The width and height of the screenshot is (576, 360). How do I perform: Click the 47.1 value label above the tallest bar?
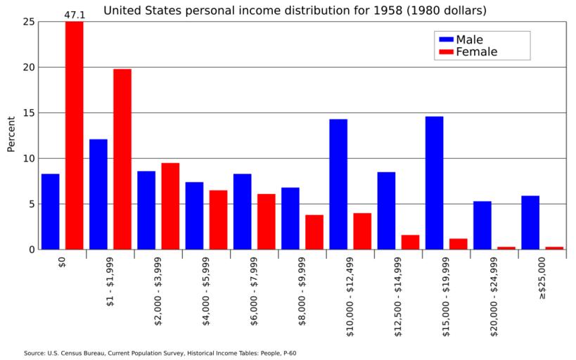point(75,14)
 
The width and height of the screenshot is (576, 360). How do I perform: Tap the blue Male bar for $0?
point(51,212)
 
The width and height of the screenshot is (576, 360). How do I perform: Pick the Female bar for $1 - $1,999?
point(122,159)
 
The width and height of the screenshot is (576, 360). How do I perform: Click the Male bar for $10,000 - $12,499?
point(338,184)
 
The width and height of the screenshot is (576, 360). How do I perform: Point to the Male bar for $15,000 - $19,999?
point(434,183)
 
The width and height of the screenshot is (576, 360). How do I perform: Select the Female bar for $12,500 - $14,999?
point(410,242)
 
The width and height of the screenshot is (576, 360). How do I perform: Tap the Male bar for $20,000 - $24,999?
point(482,225)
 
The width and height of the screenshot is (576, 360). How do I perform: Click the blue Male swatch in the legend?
point(445,39)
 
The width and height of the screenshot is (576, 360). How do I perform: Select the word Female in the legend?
point(476,52)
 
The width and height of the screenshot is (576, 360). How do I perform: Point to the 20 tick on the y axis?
point(29,67)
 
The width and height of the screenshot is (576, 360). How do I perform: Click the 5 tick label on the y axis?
point(31,204)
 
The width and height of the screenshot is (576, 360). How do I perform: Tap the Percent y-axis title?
point(11,134)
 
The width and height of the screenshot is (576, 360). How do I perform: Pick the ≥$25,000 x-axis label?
point(542,276)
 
